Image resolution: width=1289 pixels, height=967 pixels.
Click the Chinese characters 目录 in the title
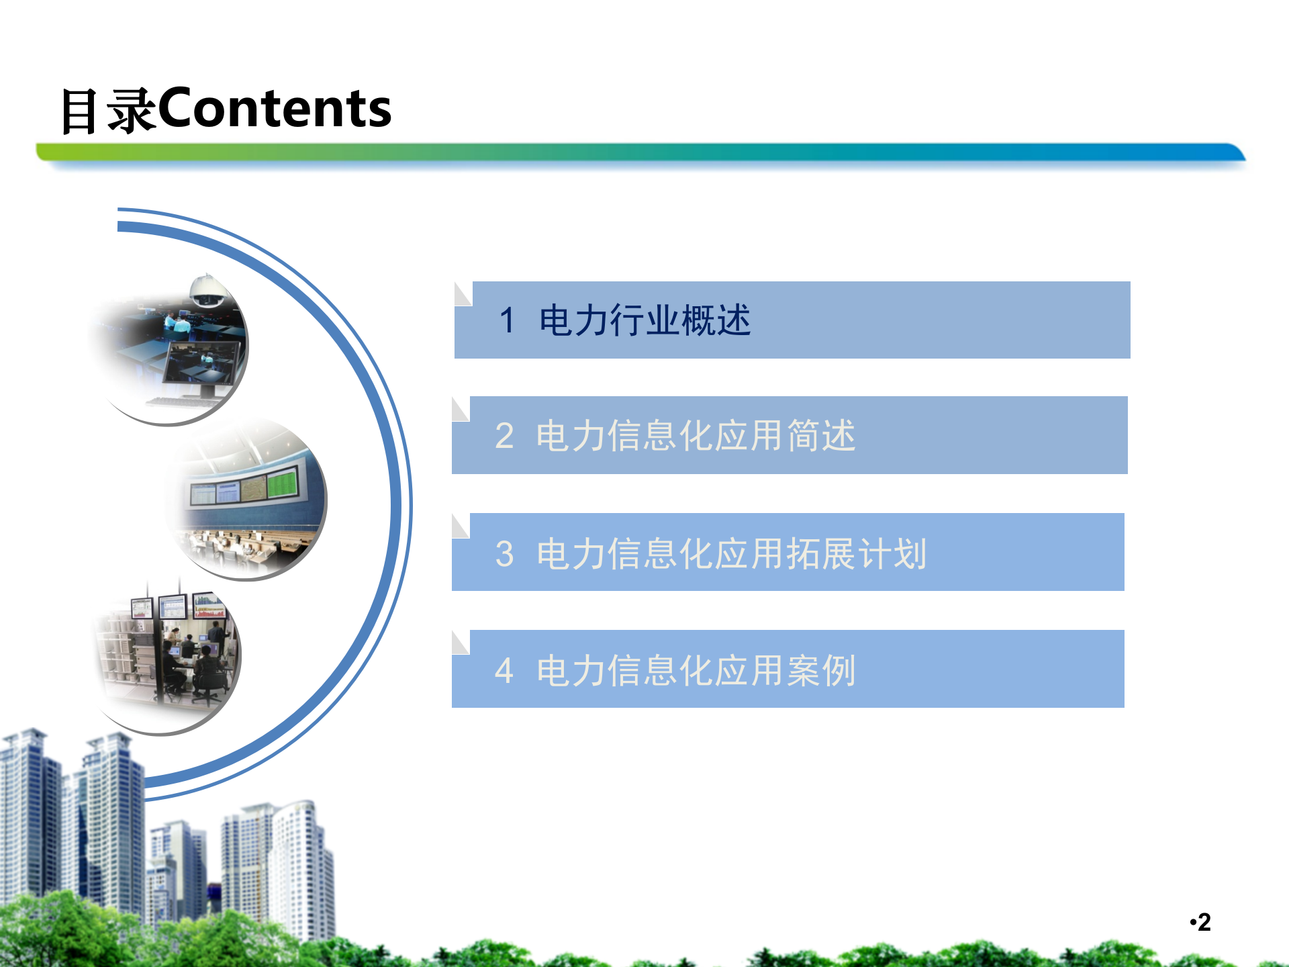click(107, 111)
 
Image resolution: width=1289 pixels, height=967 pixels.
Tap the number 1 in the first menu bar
click(507, 320)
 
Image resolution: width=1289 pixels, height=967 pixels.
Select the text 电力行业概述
click(644, 320)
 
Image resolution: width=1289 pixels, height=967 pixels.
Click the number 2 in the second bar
click(504, 436)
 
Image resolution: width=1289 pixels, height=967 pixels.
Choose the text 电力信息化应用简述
click(696, 436)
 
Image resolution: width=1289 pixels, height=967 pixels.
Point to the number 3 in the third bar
click(504, 554)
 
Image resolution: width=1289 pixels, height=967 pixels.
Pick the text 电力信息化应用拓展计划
click(732, 554)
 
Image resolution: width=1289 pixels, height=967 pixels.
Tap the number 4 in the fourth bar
click(504, 670)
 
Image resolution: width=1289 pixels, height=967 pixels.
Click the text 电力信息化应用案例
click(696, 670)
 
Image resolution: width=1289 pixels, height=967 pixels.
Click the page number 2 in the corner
click(1204, 922)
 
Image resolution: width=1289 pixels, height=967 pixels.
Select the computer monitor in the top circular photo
click(203, 366)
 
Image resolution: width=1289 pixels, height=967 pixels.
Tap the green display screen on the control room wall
click(283, 483)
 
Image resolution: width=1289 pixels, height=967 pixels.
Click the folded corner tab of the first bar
click(463, 294)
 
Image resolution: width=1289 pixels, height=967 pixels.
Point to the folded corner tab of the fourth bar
click(460, 643)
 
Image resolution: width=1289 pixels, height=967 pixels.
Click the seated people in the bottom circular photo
click(191, 665)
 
